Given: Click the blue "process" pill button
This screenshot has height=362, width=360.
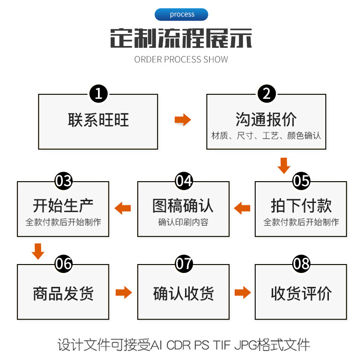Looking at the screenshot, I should pos(181,15).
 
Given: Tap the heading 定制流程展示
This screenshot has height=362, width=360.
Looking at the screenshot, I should pos(181,39).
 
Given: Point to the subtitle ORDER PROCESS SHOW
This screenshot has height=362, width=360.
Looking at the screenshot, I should pos(181,60).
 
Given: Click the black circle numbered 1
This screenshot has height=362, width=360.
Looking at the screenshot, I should pos(98,94).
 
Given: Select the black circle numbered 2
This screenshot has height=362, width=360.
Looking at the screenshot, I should pos(266,94).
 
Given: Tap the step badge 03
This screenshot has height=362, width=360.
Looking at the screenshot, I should pos(63,181).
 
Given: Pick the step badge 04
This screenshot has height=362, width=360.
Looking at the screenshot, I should pos(184,181).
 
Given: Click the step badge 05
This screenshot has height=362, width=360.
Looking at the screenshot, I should pos(301,181).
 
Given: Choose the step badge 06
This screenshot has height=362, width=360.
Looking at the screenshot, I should pos(63,264).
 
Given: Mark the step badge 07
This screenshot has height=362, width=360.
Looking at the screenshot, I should pos(184,264).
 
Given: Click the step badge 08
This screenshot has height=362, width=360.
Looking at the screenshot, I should pos(301,264).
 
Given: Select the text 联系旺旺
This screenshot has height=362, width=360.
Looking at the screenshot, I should pos(98,120).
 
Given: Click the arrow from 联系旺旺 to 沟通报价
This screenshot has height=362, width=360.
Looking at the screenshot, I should pos(183,120).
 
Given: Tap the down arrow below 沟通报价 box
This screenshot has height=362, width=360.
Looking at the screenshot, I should pos(283,165).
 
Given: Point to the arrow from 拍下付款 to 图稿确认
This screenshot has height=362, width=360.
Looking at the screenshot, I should pos(242,209).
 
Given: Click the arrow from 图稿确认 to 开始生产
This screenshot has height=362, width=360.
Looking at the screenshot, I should pos(123,209).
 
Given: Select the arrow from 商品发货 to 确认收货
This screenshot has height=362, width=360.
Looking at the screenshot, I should pos(123,292).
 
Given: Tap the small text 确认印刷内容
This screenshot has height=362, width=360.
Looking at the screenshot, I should pos(183,223).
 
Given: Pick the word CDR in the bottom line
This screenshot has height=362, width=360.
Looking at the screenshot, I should pos(179,345).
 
